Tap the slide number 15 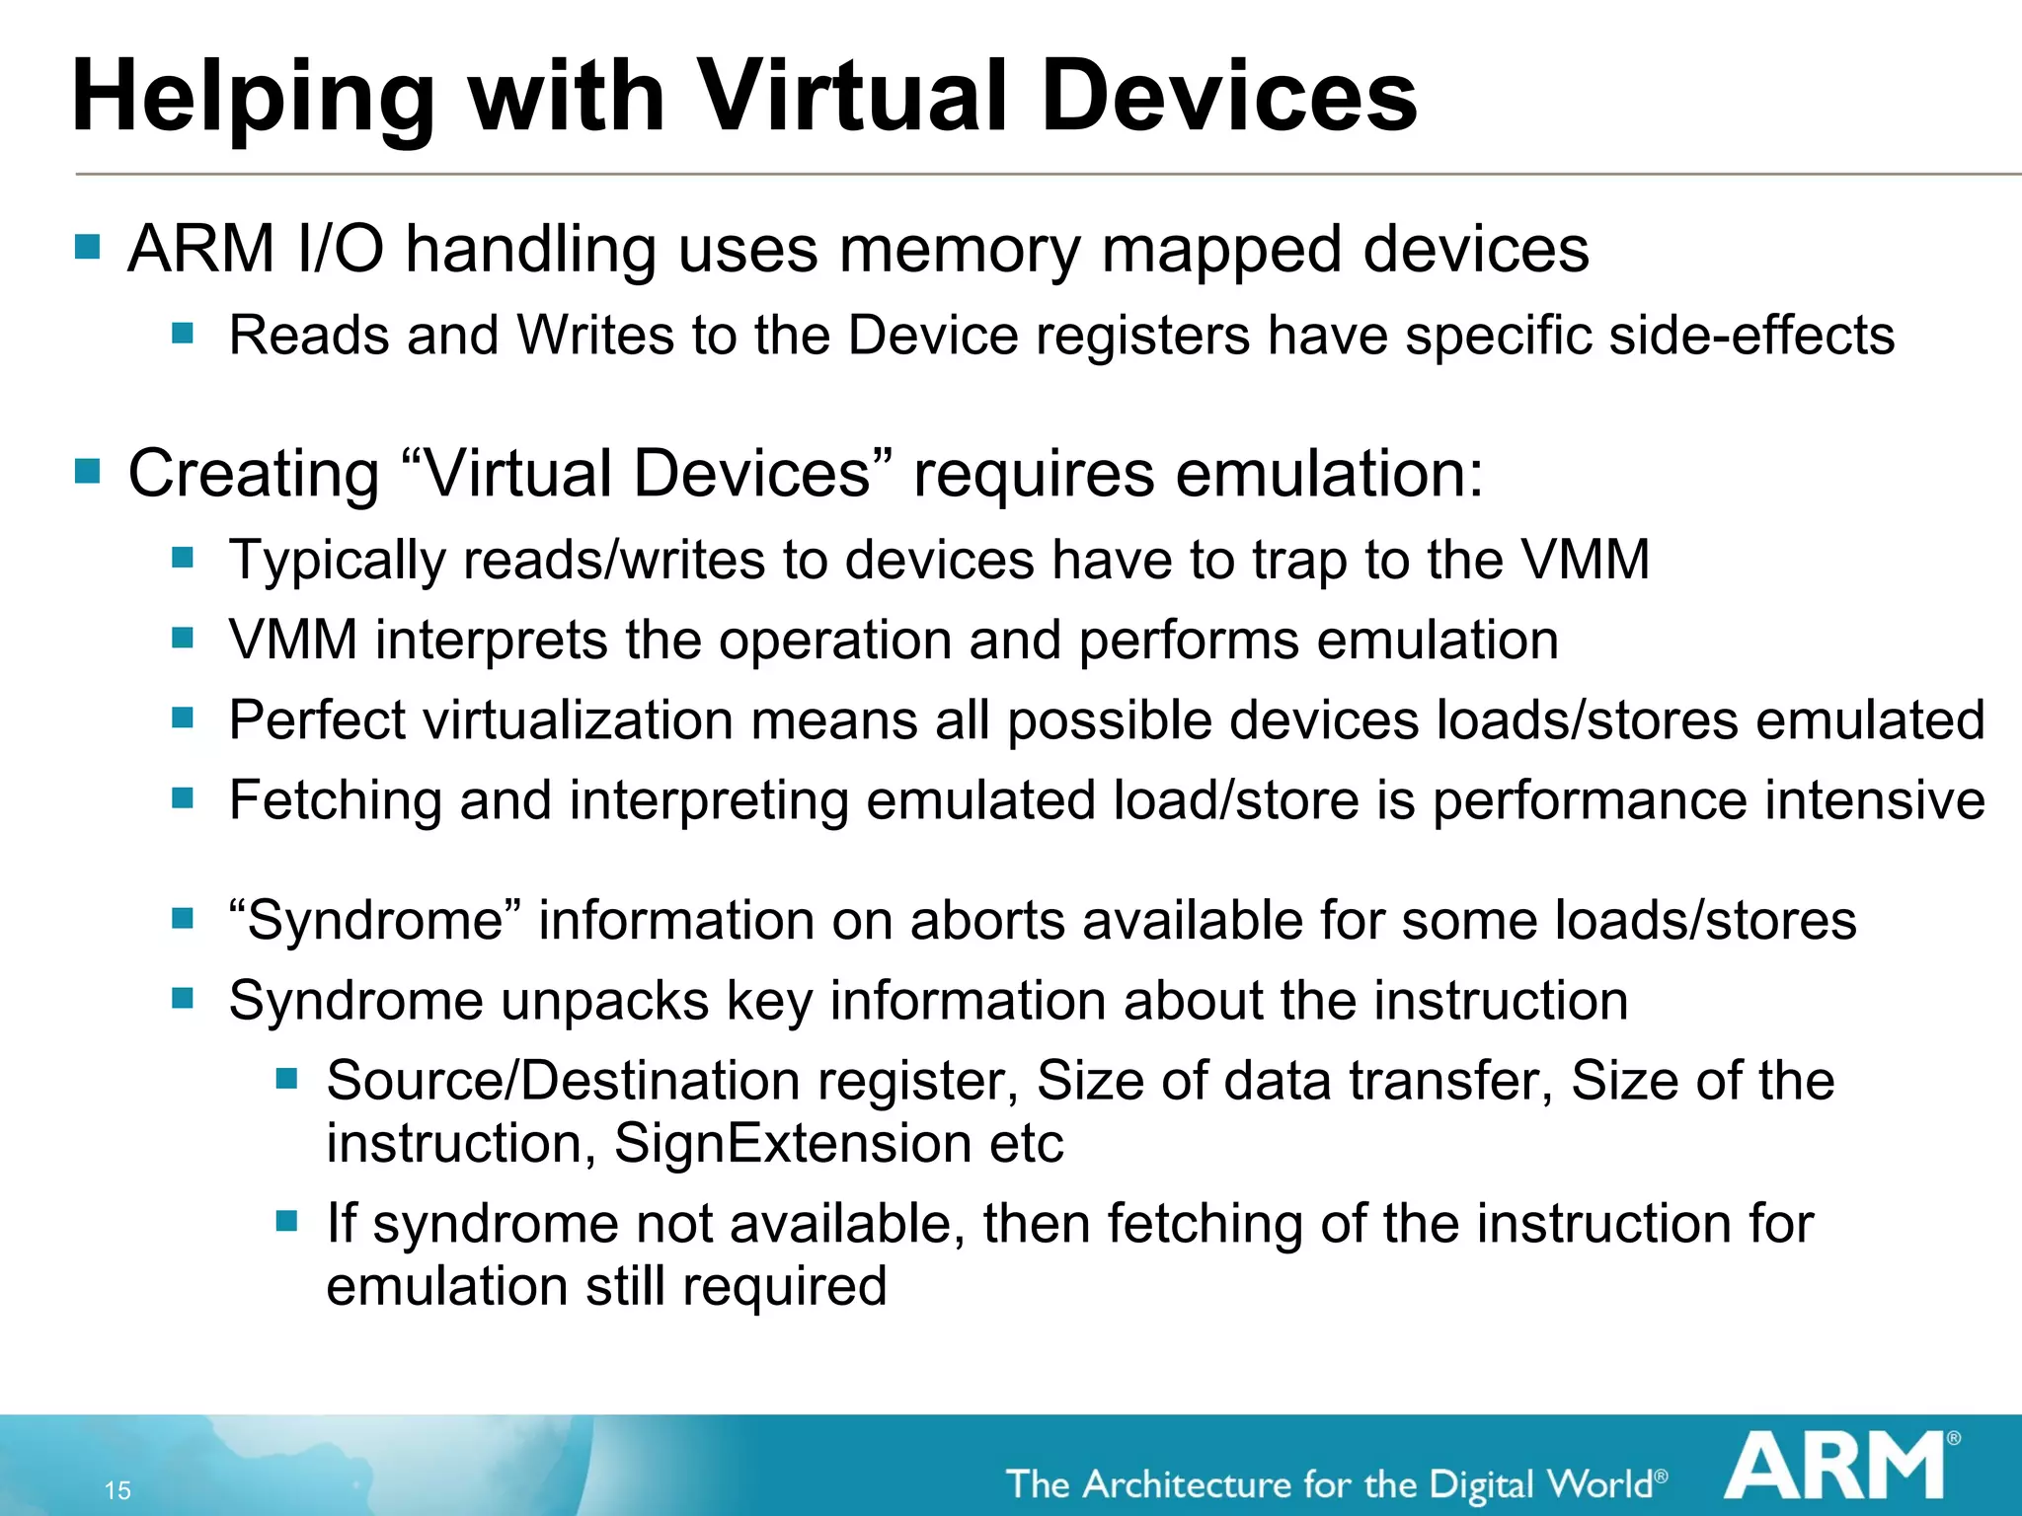pyautogui.click(x=117, y=1490)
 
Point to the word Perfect pyautogui.click(x=317, y=720)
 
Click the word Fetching pyautogui.click(x=335, y=799)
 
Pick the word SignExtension pyautogui.click(x=793, y=1144)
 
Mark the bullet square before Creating pyautogui.click(x=88, y=471)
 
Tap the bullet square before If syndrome pyautogui.click(x=286, y=1222)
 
